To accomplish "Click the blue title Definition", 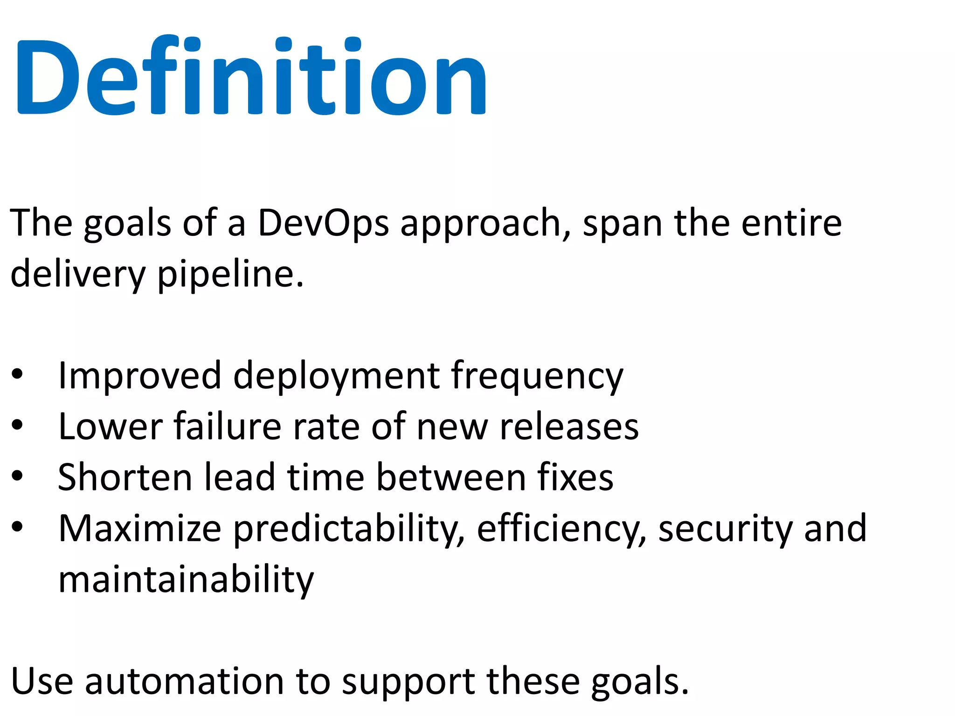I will [252, 77].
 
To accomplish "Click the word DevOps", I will [323, 223].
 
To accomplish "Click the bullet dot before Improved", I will [17, 374].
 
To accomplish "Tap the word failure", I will [228, 426].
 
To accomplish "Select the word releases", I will [569, 427].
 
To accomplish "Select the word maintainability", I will [186, 580].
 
